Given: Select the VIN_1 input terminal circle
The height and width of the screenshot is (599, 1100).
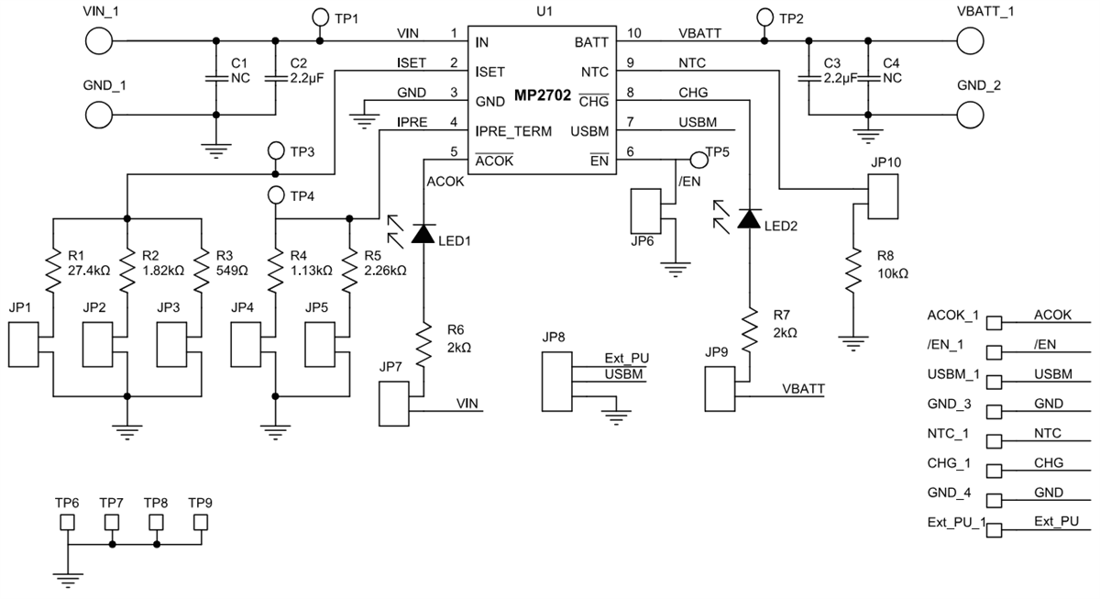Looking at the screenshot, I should coord(99,41).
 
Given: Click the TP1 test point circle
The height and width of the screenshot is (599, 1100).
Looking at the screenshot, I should coord(320,17).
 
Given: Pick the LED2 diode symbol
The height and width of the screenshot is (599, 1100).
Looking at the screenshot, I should coord(750,218).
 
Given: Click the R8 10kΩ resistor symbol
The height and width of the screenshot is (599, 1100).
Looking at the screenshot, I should coord(853,271).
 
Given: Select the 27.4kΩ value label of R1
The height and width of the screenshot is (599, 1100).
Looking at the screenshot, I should coord(89,271).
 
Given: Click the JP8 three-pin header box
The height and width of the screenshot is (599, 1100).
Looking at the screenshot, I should coord(557,376).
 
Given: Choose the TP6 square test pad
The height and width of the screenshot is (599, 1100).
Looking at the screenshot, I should coord(68,523).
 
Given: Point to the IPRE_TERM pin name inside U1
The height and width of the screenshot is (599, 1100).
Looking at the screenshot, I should coord(512,131).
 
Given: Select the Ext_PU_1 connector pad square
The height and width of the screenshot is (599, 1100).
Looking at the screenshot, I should coord(994,529).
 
